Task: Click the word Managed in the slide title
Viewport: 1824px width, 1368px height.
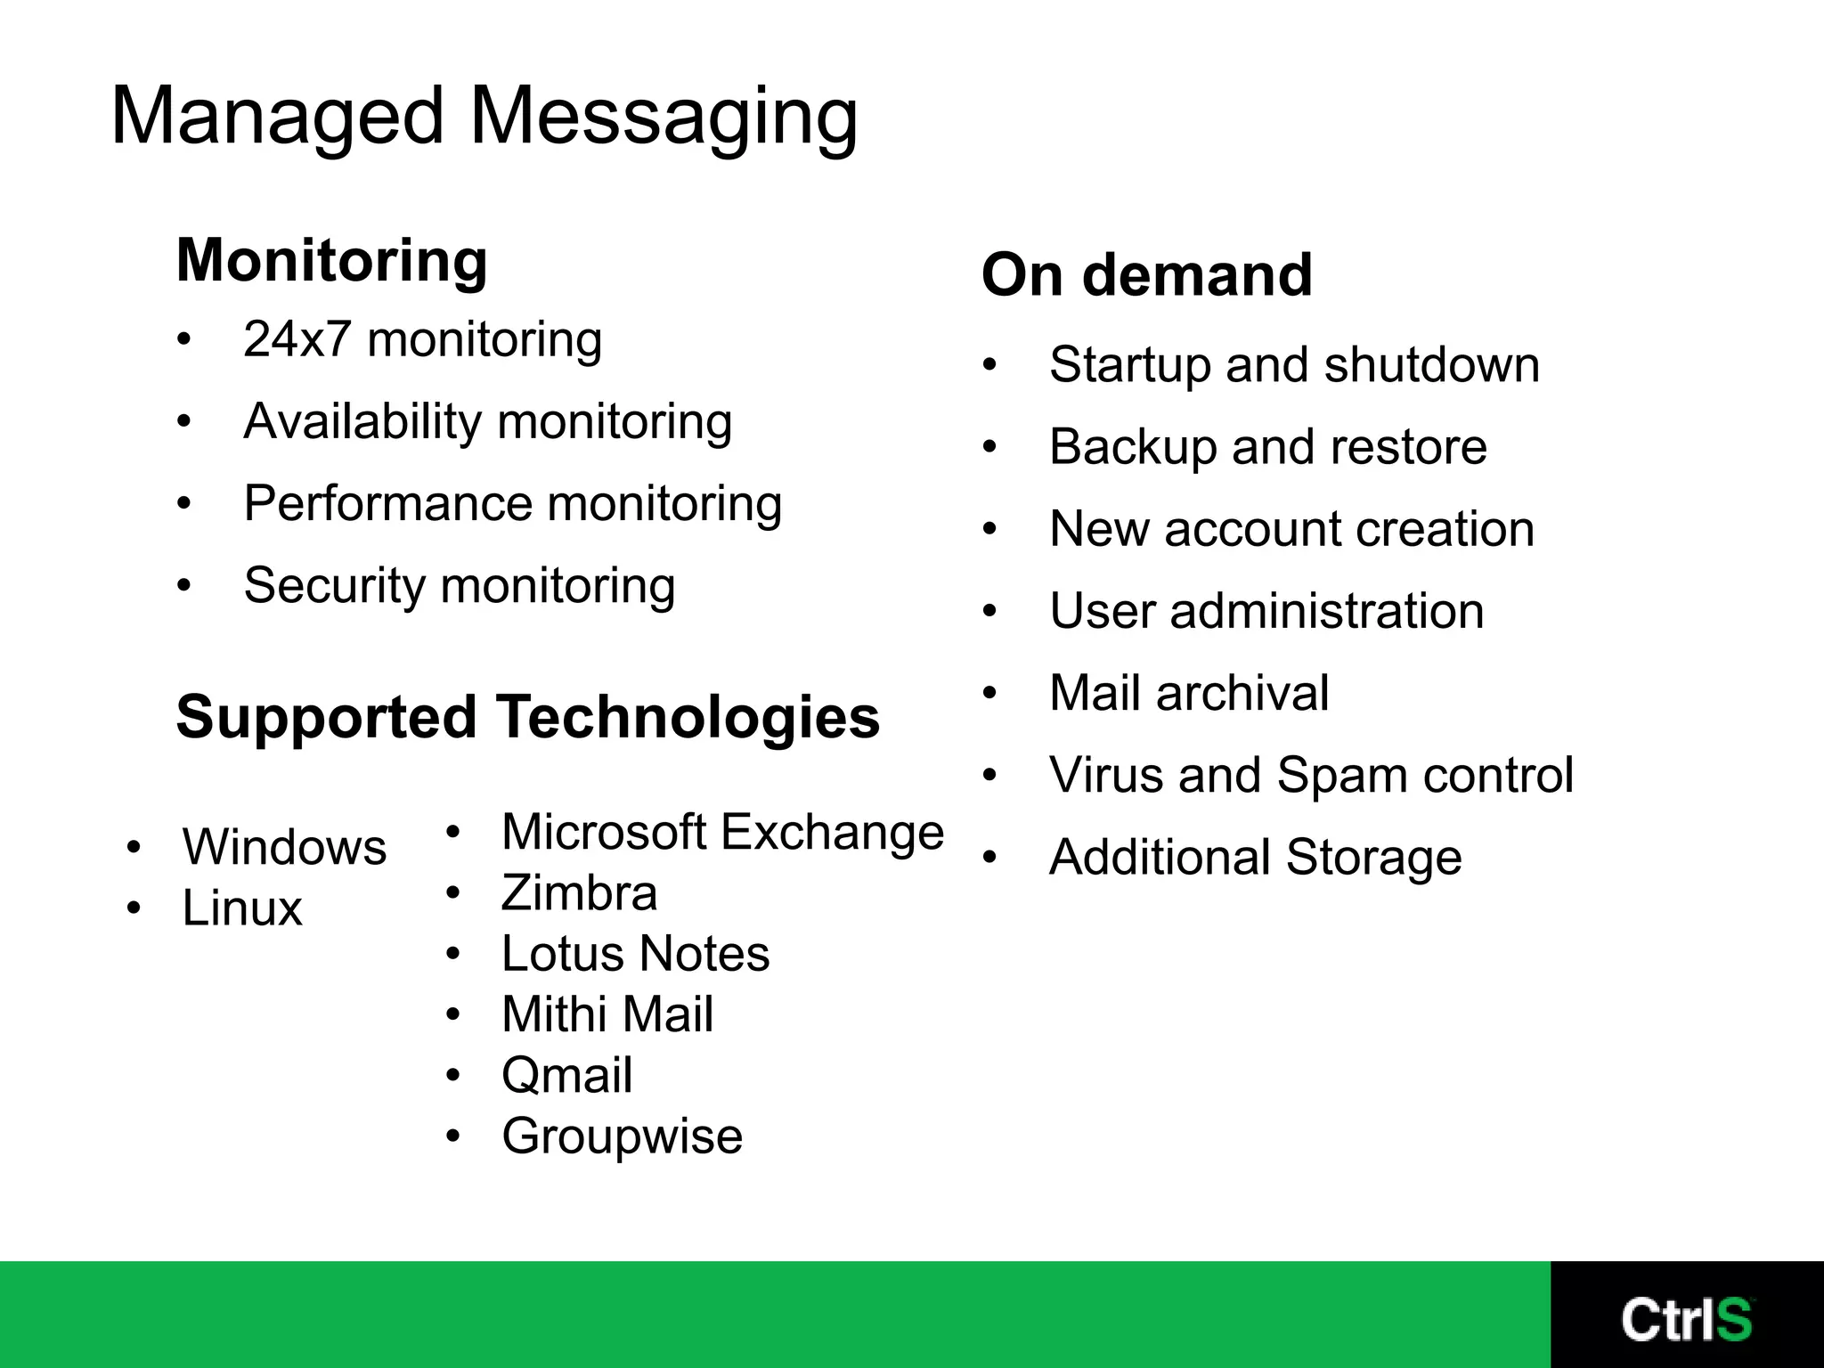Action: [x=277, y=117]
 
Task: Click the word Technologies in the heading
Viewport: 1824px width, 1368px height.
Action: [x=688, y=717]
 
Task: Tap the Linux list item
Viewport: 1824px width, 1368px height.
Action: [x=242, y=908]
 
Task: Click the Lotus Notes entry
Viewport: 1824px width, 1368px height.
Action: [x=635, y=954]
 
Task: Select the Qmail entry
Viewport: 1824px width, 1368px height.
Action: [x=566, y=1075]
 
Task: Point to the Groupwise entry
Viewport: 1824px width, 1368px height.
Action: [x=622, y=1136]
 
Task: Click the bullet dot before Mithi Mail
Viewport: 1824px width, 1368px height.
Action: [x=453, y=1014]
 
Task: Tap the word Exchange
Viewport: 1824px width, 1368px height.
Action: [x=832, y=833]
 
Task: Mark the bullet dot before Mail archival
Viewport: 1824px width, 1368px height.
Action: [x=989, y=693]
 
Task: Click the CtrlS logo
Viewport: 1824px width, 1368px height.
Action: [x=1686, y=1319]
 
